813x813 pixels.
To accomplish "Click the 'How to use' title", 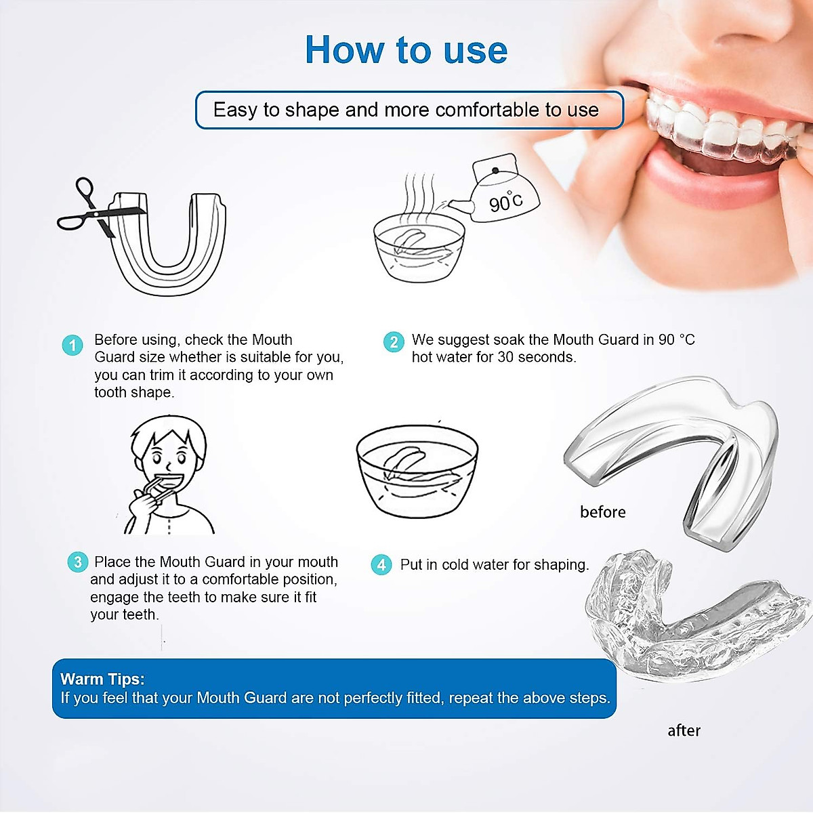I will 406,50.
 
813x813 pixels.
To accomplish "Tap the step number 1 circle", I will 72,344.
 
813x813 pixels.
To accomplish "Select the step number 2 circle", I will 394,341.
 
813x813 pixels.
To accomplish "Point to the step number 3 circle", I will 78,562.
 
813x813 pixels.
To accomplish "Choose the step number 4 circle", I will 381,564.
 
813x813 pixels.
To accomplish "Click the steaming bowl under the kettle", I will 419,247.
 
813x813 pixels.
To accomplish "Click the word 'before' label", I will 602,512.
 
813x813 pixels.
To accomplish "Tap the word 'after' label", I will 684,730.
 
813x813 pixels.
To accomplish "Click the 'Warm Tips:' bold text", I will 102,679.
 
